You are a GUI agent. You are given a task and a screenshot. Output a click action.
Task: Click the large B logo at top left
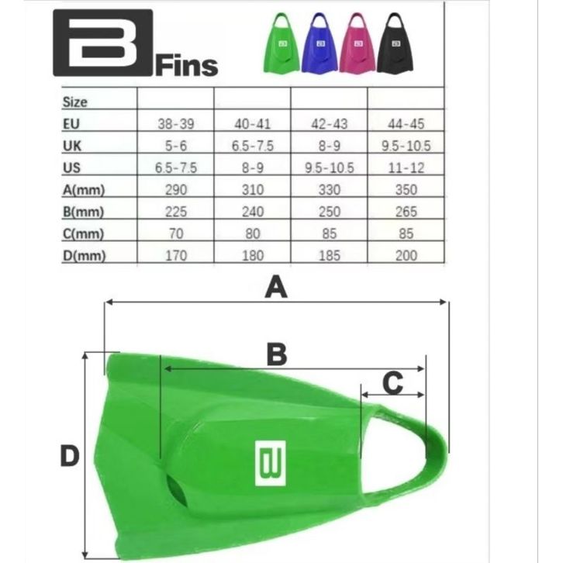(102, 43)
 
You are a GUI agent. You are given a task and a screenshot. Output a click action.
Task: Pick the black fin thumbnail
(395, 43)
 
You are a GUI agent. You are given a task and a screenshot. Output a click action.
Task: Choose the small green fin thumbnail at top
(281, 43)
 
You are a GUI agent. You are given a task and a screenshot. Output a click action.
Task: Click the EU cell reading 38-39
(176, 124)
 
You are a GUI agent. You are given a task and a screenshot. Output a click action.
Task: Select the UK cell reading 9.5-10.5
(406, 146)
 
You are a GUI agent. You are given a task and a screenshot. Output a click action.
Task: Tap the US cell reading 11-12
(406, 168)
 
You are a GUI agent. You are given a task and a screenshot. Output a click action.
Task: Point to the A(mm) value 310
(253, 190)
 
